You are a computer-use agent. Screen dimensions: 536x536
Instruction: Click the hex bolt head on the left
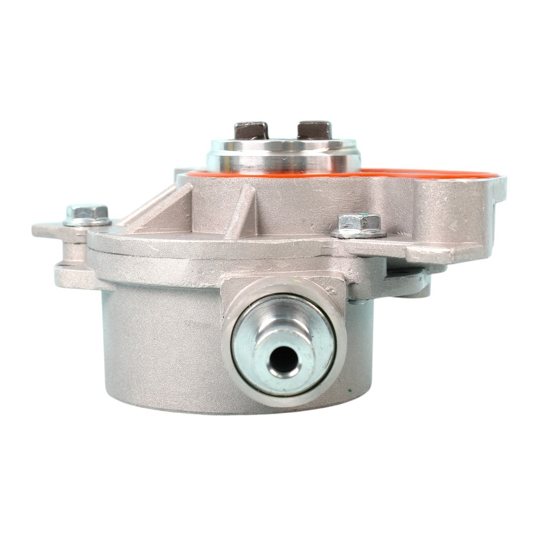tap(87, 212)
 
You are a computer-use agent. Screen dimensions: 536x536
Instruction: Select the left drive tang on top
tap(251, 130)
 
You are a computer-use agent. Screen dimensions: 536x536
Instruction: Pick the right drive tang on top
tap(314, 130)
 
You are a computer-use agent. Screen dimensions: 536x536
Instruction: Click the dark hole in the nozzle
tap(284, 360)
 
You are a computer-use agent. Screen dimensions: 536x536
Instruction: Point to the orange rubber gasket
tap(429, 173)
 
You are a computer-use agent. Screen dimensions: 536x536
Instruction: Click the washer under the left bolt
tap(87, 222)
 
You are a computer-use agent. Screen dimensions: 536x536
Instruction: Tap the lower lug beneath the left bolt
tap(73, 275)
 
